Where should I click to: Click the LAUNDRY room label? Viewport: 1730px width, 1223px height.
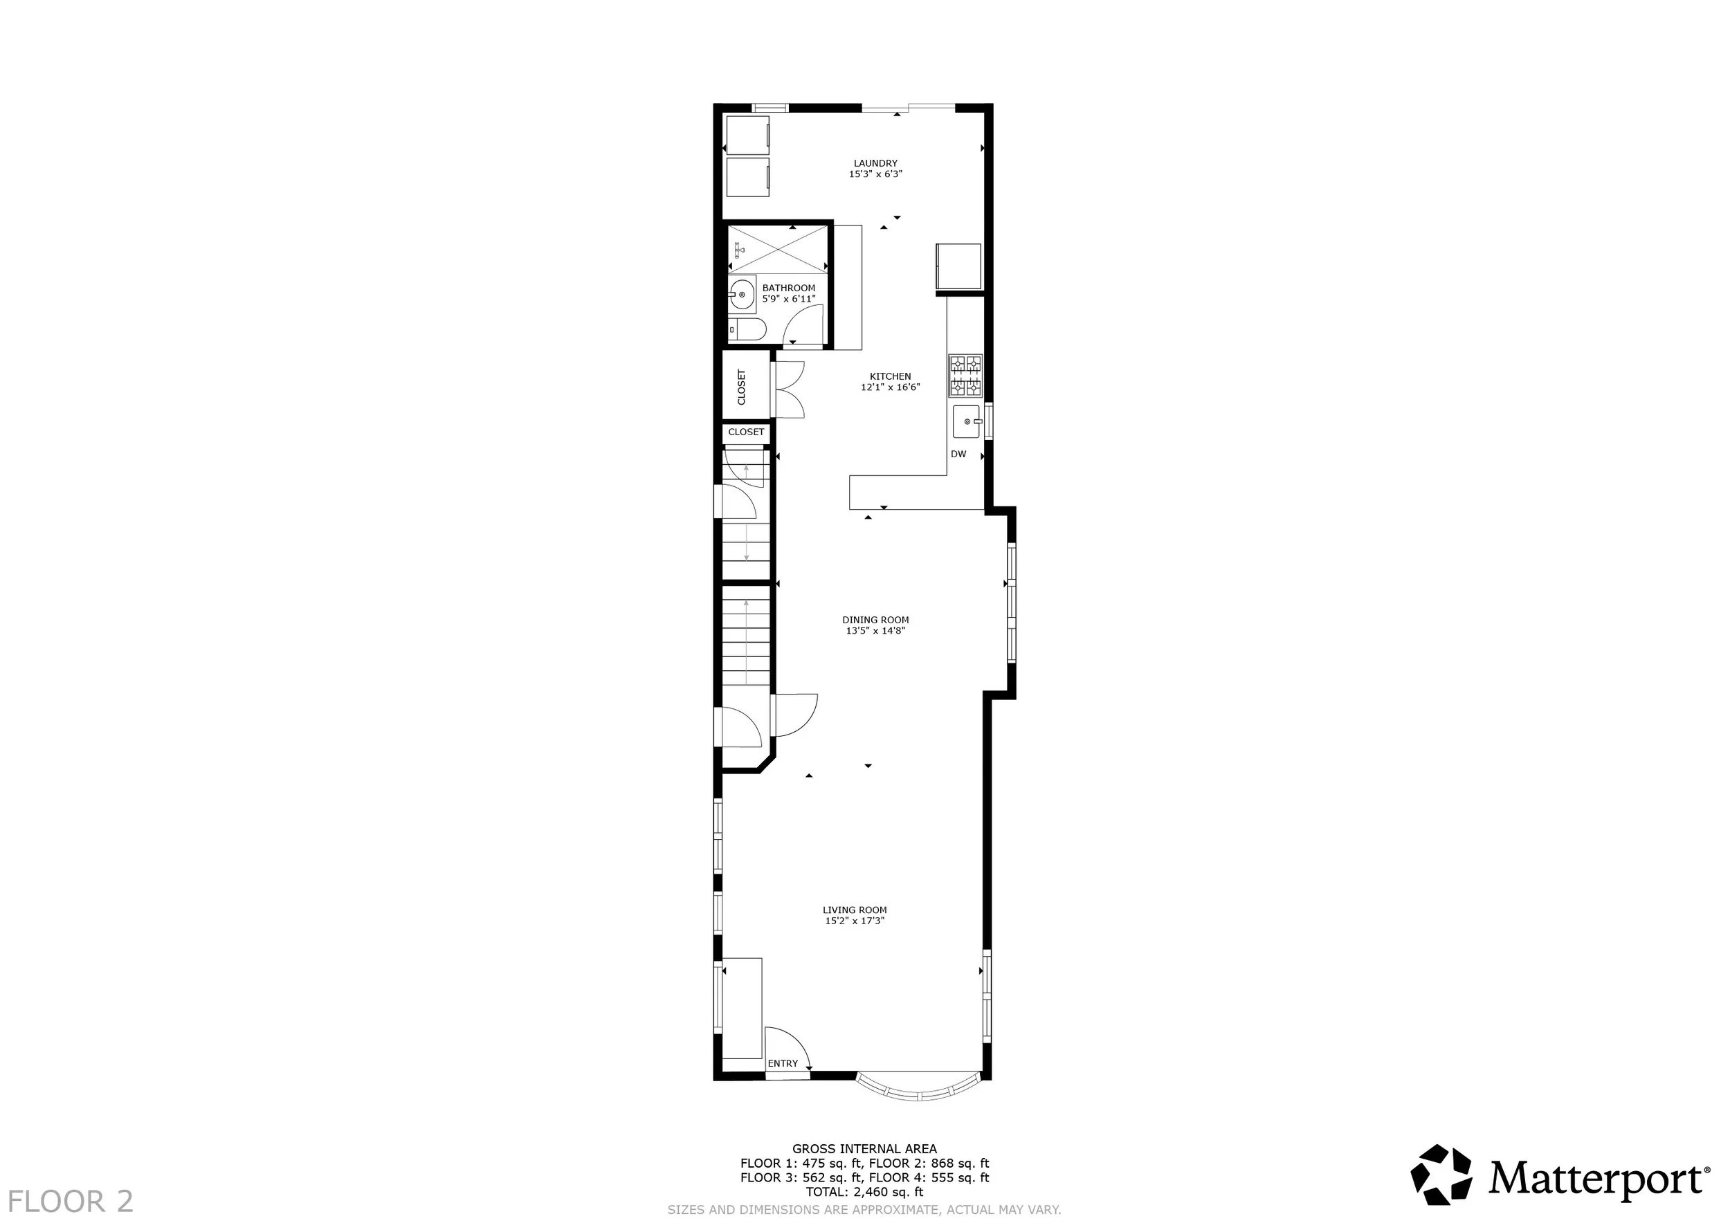(x=875, y=163)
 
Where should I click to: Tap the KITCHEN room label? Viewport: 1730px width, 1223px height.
(x=890, y=376)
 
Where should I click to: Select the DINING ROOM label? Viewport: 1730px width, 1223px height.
(x=875, y=620)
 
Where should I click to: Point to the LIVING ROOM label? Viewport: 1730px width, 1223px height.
(x=855, y=910)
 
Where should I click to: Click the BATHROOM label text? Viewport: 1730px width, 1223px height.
(x=788, y=288)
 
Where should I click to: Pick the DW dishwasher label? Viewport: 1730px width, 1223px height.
(x=958, y=454)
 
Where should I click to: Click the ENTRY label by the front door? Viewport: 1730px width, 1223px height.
(x=783, y=1063)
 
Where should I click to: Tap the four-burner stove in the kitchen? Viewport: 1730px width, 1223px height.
(x=965, y=376)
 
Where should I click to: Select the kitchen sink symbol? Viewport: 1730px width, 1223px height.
(x=967, y=422)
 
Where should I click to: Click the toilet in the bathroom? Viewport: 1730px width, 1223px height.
(x=747, y=329)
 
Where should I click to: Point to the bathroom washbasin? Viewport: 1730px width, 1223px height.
(x=743, y=294)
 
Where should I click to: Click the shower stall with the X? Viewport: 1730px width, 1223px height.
(x=778, y=249)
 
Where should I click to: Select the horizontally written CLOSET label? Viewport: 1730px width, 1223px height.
(x=746, y=432)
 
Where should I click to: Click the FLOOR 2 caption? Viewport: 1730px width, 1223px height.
(x=71, y=1200)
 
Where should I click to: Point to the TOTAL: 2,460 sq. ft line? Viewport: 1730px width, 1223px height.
(x=864, y=1192)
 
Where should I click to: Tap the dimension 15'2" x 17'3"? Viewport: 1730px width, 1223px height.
(x=855, y=920)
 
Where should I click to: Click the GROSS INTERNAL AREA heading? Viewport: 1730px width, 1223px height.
(x=864, y=1148)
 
